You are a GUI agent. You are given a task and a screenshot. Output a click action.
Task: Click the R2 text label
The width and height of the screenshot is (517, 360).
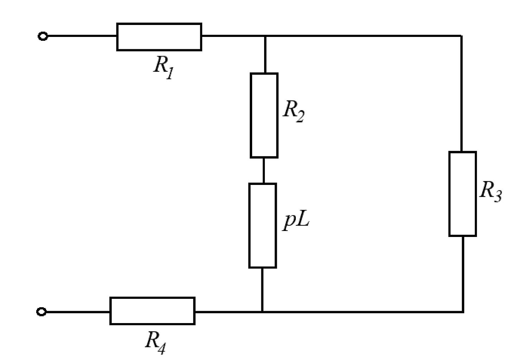[x=294, y=111]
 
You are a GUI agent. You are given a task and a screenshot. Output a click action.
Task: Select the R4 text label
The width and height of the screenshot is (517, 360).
[x=155, y=343]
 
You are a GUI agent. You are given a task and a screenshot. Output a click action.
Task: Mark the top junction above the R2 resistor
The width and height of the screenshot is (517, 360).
[x=265, y=36]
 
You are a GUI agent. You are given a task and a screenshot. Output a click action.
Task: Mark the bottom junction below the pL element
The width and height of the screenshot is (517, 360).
[x=262, y=312]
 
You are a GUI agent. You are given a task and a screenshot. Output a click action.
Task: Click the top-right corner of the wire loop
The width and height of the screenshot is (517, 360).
[x=461, y=36]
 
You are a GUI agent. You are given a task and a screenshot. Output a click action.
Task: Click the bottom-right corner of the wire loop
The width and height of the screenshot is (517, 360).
[x=463, y=312]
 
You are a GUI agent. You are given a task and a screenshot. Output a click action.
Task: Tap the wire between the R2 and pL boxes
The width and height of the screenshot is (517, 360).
[x=263, y=171]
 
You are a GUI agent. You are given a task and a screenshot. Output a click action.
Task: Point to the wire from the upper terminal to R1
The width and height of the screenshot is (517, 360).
[x=82, y=36]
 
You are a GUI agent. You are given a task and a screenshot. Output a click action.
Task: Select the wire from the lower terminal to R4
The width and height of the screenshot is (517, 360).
[x=78, y=312]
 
